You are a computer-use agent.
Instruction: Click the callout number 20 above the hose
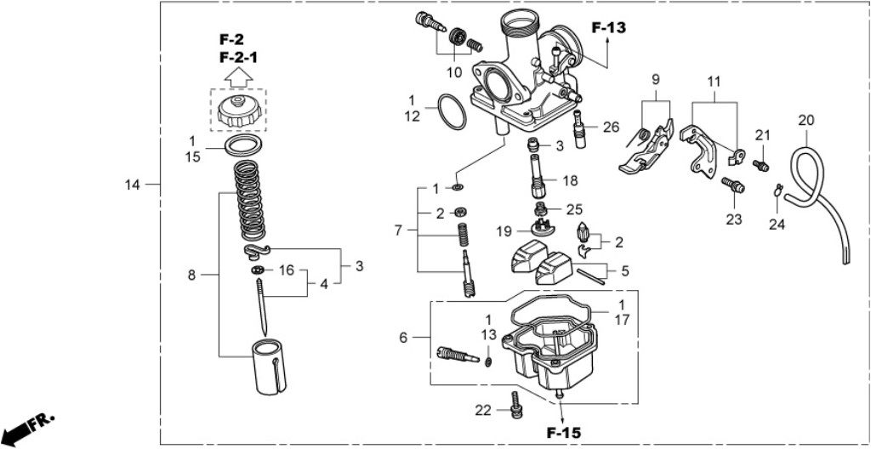click(x=806, y=120)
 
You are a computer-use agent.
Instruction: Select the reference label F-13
click(x=609, y=28)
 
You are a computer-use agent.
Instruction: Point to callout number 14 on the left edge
click(x=132, y=184)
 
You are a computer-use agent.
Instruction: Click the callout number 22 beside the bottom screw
click(x=483, y=411)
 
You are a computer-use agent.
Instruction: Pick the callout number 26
click(x=611, y=128)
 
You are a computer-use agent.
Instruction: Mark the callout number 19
click(x=504, y=230)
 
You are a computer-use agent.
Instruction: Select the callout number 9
click(x=656, y=79)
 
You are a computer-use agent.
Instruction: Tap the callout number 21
click(x=762, y=135)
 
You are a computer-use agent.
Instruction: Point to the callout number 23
click(x=733, y=219)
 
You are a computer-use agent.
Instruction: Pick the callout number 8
click(x=191, y=275)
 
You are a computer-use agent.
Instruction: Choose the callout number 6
click(x=403, y=338)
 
